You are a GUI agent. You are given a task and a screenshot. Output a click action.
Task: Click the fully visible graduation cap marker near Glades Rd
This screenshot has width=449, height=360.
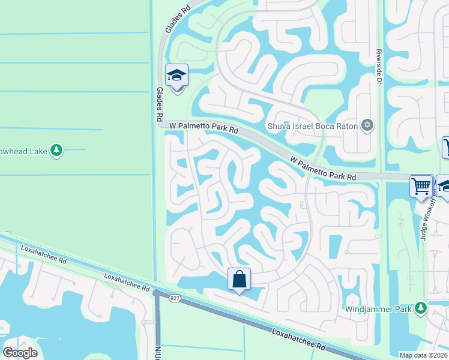coord(177,76)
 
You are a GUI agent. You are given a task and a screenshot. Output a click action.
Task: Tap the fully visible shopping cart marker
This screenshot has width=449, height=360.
coord(421,185)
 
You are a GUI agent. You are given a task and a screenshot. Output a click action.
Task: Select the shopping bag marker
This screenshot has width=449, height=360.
coord(239,279)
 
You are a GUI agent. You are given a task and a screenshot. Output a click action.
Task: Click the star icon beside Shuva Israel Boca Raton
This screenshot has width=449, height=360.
coord(367,125)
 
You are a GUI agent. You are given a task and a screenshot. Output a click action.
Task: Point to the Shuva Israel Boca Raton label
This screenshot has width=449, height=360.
coord(312,126)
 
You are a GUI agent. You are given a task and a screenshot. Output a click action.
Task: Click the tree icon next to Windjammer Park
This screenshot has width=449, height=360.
coord(421,308)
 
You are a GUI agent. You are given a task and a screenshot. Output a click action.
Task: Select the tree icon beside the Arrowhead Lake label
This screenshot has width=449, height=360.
coord(56,149)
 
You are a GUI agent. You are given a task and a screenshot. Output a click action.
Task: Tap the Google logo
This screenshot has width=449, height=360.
coord(20,352)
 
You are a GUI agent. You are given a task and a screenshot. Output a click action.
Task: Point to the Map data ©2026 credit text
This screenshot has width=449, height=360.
coord(423,355)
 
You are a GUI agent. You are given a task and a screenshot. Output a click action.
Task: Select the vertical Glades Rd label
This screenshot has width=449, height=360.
coord(160,103)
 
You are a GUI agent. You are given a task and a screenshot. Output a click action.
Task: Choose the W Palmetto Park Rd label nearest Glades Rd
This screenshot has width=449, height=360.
coord(204,127)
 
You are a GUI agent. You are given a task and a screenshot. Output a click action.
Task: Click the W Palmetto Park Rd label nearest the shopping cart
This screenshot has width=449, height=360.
coord(323,169)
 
